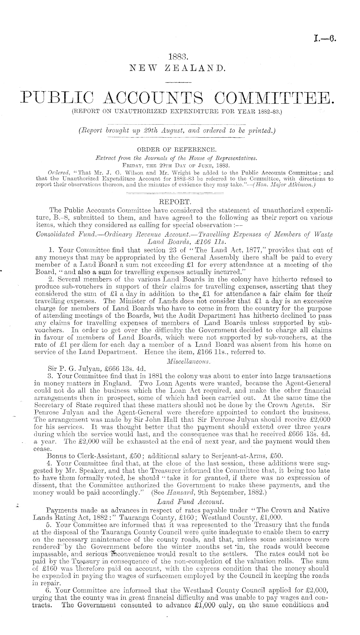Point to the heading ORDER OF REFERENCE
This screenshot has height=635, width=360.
180,149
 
